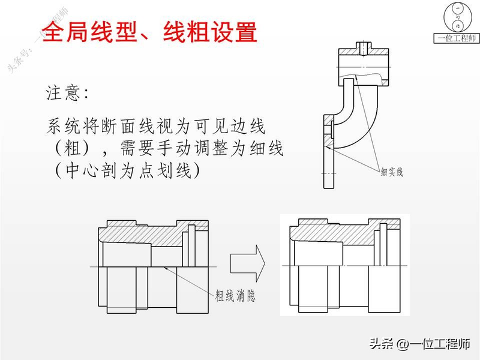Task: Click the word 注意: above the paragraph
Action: coord(67,94)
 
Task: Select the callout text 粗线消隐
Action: coord(235,295)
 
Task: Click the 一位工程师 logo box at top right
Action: coord(457,23)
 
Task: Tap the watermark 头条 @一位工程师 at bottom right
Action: coord(419,344)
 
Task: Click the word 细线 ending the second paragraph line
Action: coord(268,149)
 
